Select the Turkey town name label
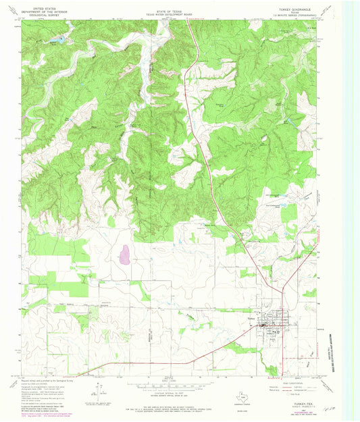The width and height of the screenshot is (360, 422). [253, 319]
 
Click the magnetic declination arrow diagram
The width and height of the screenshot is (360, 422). [99, 388]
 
